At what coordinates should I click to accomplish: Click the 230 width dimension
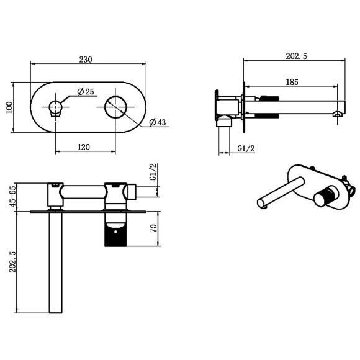(86, 60)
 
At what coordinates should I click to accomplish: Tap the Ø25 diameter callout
(86, 92)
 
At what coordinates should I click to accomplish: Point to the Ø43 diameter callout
(160, 123)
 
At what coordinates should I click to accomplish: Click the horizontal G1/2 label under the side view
(246, 148)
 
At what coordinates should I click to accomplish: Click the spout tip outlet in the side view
(337, 112)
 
